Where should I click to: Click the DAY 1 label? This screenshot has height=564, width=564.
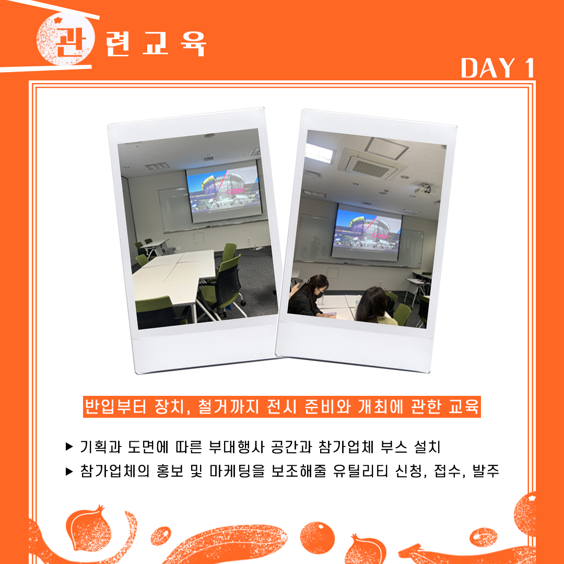pos(498,67)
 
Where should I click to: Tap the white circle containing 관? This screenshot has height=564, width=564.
pos(65,40)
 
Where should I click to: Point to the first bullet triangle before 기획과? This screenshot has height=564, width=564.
pos(69,446)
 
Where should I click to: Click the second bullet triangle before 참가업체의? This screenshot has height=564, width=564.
pos(69,471)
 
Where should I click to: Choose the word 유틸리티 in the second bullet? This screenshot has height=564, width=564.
pos(360,471)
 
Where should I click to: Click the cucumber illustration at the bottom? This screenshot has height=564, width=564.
pos(227,544)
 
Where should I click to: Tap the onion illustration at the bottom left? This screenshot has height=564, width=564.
pos(88,528)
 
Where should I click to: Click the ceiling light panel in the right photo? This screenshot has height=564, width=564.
pos(319,153)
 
